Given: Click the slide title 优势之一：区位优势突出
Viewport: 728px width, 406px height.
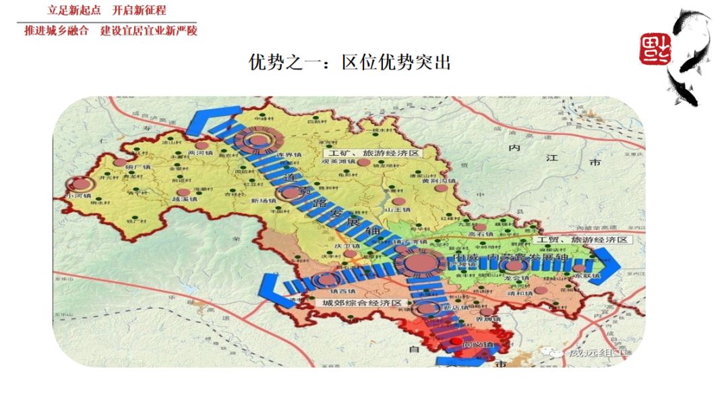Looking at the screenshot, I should coord(350,63).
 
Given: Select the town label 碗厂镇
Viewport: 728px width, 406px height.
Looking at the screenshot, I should coord(138,167).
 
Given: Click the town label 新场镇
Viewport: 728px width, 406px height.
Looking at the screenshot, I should coord(264,201).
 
